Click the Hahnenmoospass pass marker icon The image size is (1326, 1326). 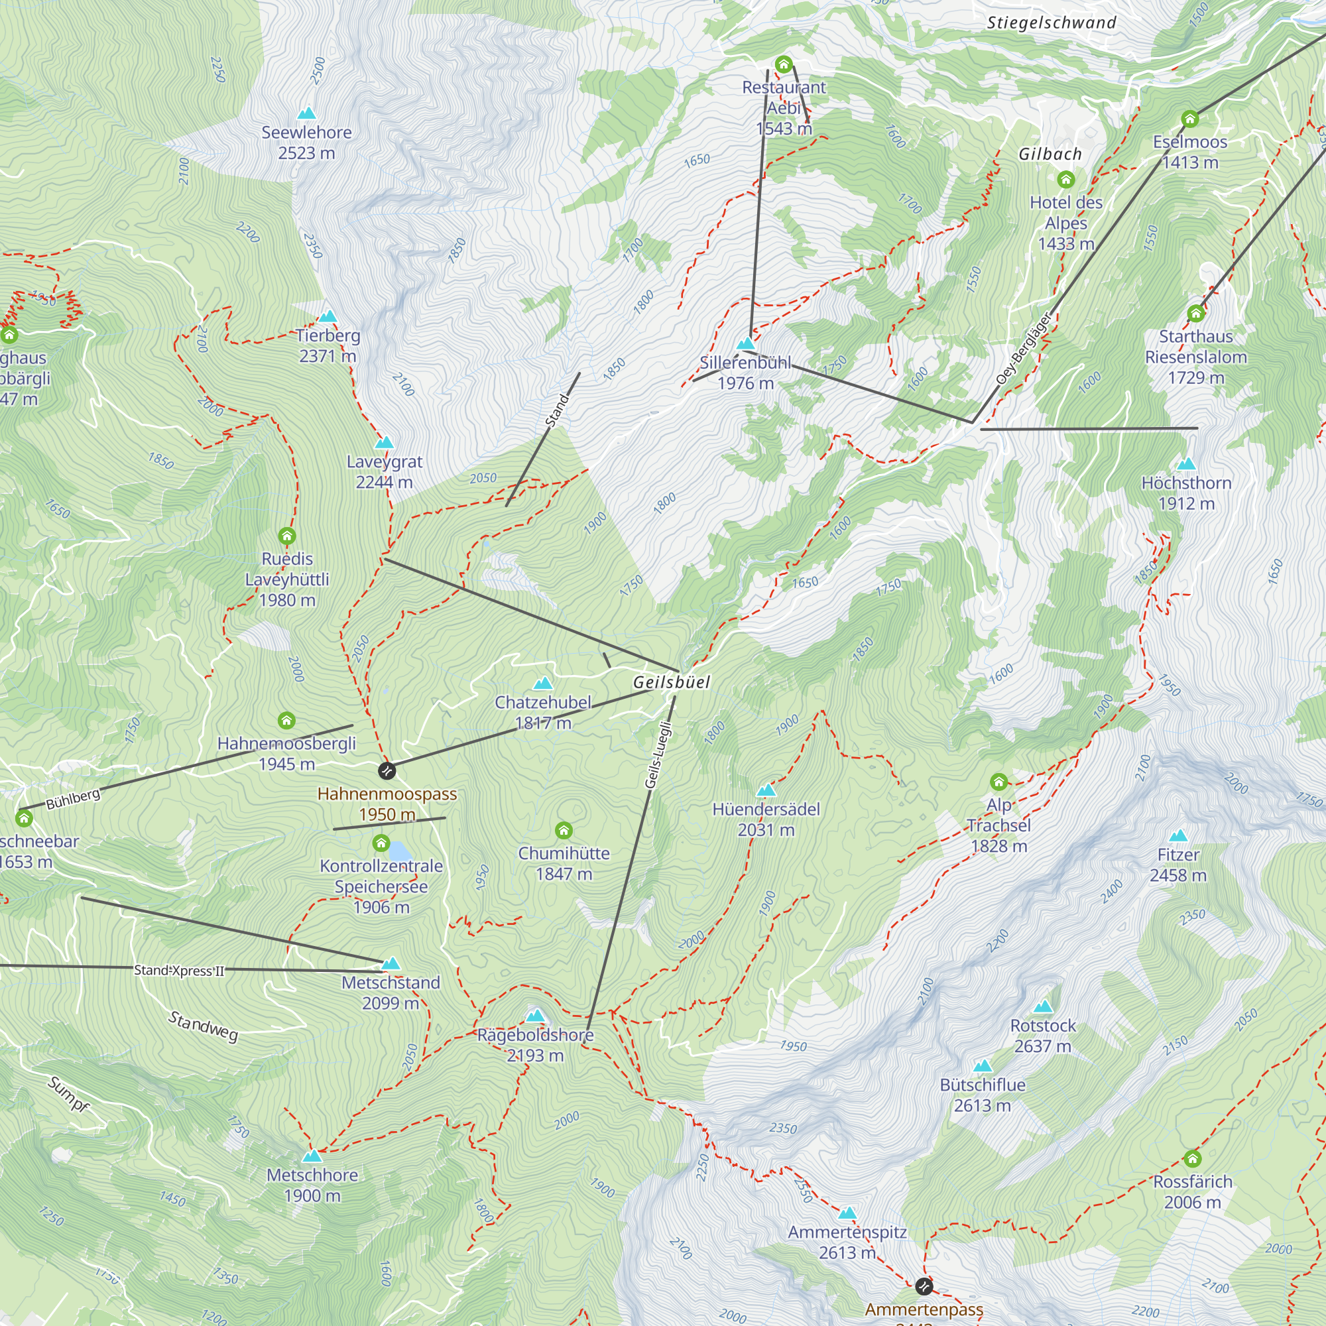(387, 771)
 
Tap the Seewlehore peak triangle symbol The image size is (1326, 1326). (307, 113)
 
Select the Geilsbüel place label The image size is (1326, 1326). (671, 682)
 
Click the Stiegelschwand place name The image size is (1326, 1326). (1052, 23)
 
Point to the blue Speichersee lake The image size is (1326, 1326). (399, 852)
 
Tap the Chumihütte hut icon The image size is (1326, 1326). (564, 831)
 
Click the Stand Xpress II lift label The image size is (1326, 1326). (178, 970)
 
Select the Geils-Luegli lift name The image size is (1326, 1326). (658, 754)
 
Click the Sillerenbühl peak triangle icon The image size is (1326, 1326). (745, 343)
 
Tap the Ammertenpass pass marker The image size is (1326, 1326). (924, 1285)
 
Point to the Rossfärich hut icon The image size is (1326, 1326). (1192, 1159)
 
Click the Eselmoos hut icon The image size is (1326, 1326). (1189, 119)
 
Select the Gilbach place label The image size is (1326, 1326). (1050, 154)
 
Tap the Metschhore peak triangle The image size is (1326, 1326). (312, 1156)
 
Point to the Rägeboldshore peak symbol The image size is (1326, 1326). (534, 1016)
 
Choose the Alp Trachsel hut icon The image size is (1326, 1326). (998, 782)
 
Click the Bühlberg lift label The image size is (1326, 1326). (74, 799)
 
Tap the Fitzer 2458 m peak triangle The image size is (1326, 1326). (1177, 836)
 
